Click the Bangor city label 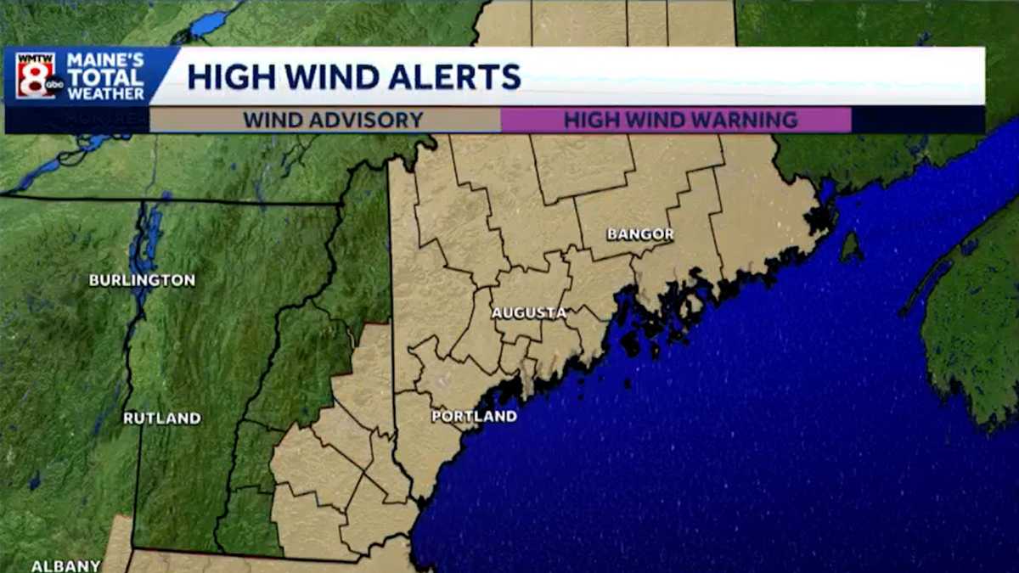click(x=640, y=233)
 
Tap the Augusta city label click(x=529, y=313)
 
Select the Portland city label click(x=474, y=416)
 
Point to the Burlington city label click(x=142, y=280)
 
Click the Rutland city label click(x=161, y=418)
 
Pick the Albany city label click(x=65, y=565)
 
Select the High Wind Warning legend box click(x=677, y=120)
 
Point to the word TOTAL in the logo click(x=105, y=77)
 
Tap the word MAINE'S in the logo click(x=105, y=60)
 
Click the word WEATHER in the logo click(x=105, y=93)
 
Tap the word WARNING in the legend click(x=745, y=120)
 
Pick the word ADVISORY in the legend click(x=366, y=120)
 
